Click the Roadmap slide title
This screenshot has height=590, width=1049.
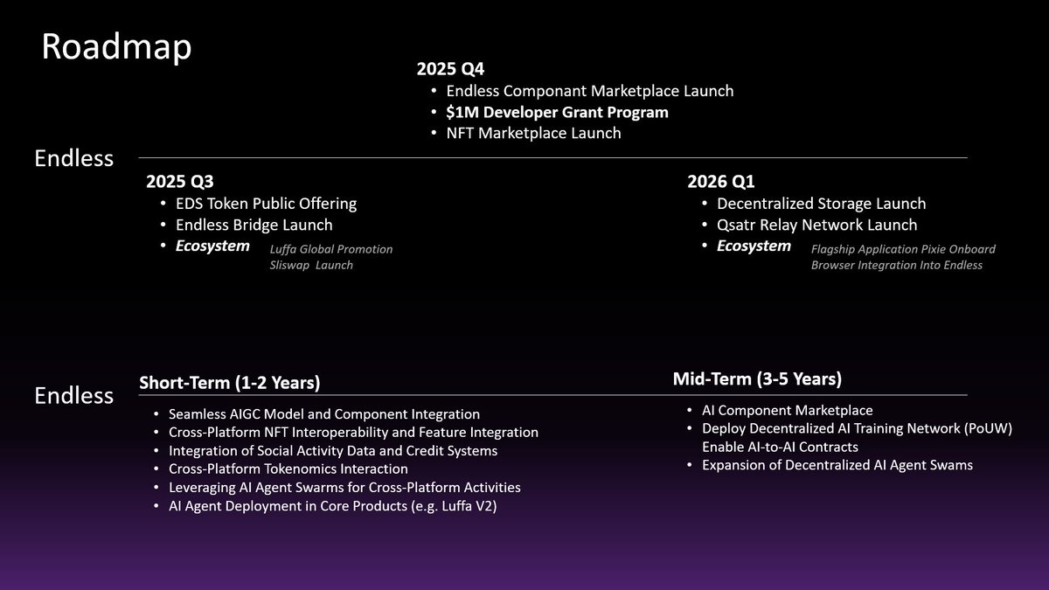(x=115, y=48)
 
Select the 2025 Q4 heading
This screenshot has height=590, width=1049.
(x=450, y=69)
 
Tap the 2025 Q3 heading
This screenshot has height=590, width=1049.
(x=180, y=182)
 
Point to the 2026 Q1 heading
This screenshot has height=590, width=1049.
(x=721, y=182)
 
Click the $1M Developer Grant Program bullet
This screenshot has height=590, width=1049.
(x=557, y=112)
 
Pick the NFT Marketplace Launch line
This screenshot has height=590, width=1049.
(x=533, y=133)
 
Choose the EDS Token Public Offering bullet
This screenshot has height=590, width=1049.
(x=266, y=204)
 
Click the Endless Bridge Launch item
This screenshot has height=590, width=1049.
(x=254, y=225)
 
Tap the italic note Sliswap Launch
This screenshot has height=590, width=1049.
(x=311, y=265)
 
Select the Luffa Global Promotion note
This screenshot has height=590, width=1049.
(x=331, y=249)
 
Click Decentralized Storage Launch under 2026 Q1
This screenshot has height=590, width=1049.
(x=821, y=204)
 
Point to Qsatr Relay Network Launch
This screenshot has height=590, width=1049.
(x=816, y=225)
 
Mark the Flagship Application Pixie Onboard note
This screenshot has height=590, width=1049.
(x=903, y=249)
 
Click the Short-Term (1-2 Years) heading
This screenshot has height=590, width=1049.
(x=229, y=383)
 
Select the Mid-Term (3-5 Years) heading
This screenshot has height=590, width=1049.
(x=757, y=378)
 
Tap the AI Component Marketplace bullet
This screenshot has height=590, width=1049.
(x=787, y=410)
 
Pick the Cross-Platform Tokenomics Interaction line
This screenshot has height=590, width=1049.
(x=288, y=469)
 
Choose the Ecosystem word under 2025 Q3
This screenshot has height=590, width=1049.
(x=212, y=246)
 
